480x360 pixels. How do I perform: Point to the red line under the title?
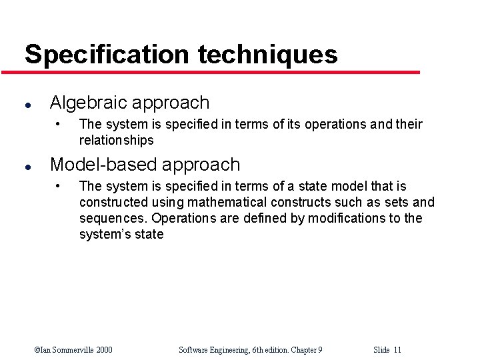(220, 72)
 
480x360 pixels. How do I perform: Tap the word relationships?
(116, 141)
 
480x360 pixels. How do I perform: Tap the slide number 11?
(397, 350)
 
